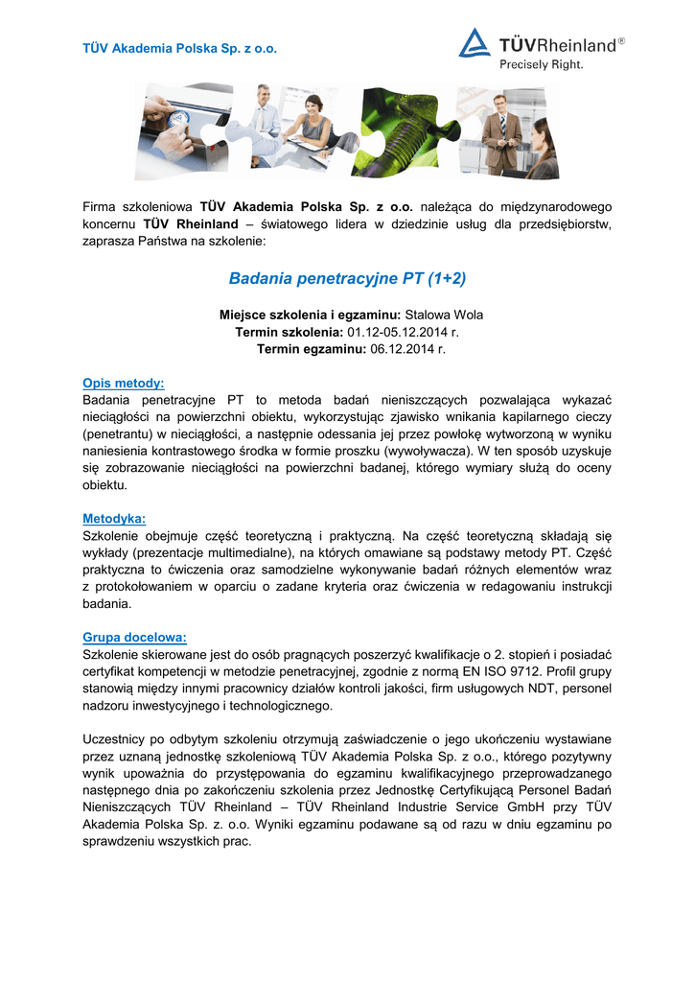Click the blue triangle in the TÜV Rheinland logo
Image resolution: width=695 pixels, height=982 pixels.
pyautogui.click(x=474, y=43)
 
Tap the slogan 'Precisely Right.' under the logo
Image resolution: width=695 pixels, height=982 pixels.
pyautogui.click(x=541, y=65)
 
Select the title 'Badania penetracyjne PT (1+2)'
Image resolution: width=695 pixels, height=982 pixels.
pyautogui.click(x=347, y=279)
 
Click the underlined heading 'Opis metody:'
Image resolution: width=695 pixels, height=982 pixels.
pyautogui.click(x=124, y=383)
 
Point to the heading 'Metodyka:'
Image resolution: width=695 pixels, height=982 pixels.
pyautogui.click(x=114, y=518)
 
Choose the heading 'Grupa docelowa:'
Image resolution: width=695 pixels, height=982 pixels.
pyautogui.click(x=135, y=636)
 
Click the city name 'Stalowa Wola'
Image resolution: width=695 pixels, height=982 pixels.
pyautogui.click(x=444, y=315)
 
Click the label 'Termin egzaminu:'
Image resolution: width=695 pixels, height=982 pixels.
pyautogui.click(x=312, y=349)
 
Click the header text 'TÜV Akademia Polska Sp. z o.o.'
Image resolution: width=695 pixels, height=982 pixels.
pyautogui.click(x=180, y=48)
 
